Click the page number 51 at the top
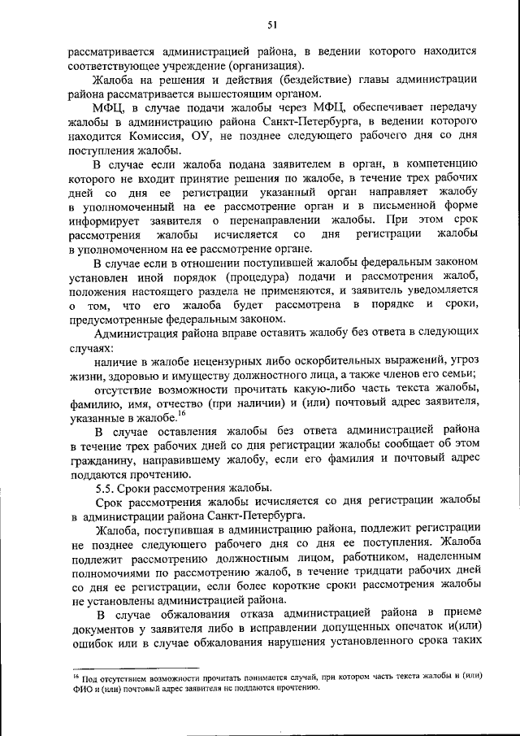(273, 25)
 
